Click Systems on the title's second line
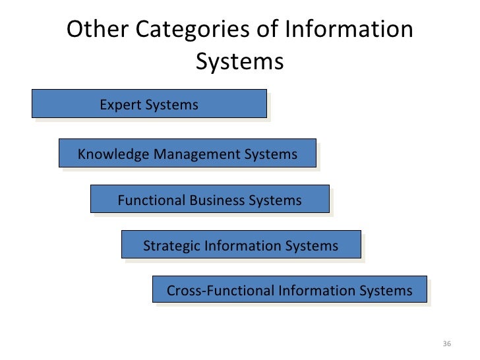point(239,63)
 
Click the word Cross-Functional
point(221,291)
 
